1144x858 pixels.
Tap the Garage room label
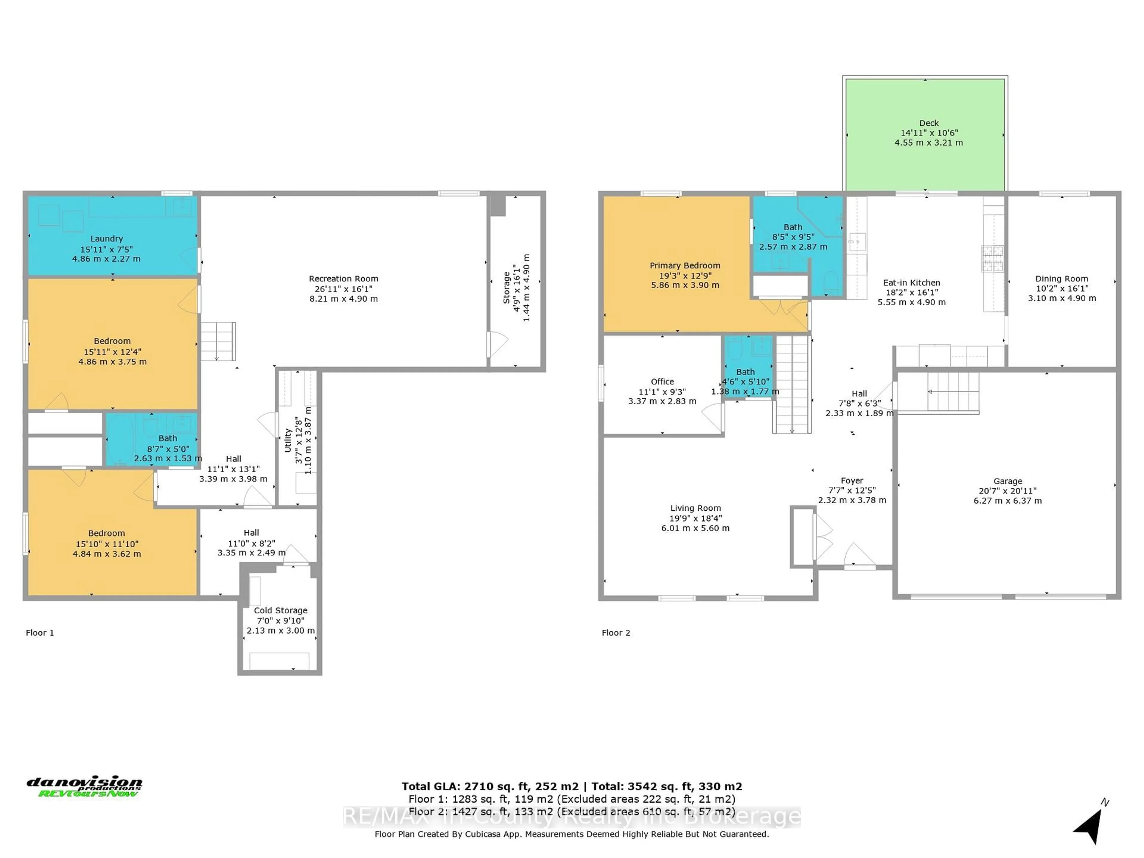(x=1008, y=481)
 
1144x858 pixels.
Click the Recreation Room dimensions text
(x=343, y=294)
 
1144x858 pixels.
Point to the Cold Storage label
(x=280, y=610)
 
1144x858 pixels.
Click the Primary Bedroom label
(x=685, y=265)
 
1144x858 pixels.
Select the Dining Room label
(x=1061, y=279)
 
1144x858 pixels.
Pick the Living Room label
(x=695, y=508)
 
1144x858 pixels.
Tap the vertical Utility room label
(x=288, y=440)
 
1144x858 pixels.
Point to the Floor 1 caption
(x=40, y=632)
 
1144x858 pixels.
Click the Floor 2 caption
(x=615, y=632)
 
